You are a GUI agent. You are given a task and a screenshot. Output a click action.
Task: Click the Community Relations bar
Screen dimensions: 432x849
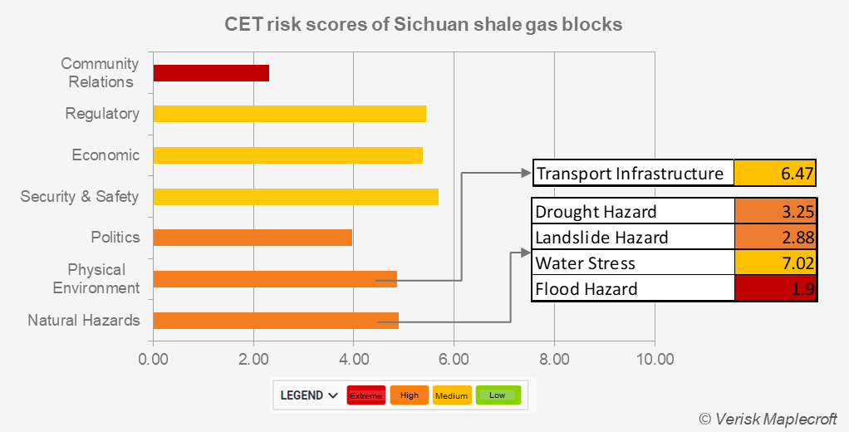pyautogui.click(x=211, y=73)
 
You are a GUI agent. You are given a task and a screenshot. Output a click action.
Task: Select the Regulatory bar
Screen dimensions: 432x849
pyautogui.click(x=289, y=114)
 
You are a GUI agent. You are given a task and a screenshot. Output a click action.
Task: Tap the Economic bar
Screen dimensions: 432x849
pyautogui.click(x=287, y=155)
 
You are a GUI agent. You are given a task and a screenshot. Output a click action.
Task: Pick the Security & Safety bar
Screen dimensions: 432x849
pyautogui.click(x=295, y=196)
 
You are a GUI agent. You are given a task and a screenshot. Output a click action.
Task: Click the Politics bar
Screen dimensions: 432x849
pyautogui.click(x=253, y=238)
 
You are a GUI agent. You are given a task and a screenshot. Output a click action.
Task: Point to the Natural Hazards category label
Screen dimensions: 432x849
pyautogui.click(x=84, y=321)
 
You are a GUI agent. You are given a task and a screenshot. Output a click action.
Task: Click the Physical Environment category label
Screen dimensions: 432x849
pyautogui.click(x=96, y=279)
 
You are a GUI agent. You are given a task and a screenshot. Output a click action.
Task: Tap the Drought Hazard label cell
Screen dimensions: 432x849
pyautogui.click(x=633, y=212)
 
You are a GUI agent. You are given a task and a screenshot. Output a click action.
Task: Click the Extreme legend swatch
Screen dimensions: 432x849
pyautogui.click(x=366, y=395)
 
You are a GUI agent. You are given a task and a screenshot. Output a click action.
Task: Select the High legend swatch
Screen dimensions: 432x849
pyautogui.click(x=410, y=395)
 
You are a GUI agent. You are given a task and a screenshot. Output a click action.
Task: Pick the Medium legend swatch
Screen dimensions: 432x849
pyautogui.click(x=452, y=395)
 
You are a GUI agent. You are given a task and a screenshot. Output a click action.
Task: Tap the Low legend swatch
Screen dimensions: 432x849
pyautogui.click(x=498, y=395)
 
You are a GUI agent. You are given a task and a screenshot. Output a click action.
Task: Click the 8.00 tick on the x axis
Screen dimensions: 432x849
pyautogui.click(x=554, y=360)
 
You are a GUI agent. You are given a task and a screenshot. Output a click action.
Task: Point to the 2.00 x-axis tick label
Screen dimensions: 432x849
pyautogui.click(x=253, y=360)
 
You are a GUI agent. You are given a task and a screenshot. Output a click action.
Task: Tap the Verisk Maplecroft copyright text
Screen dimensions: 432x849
pyautogui.click(x=768, y=418)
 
